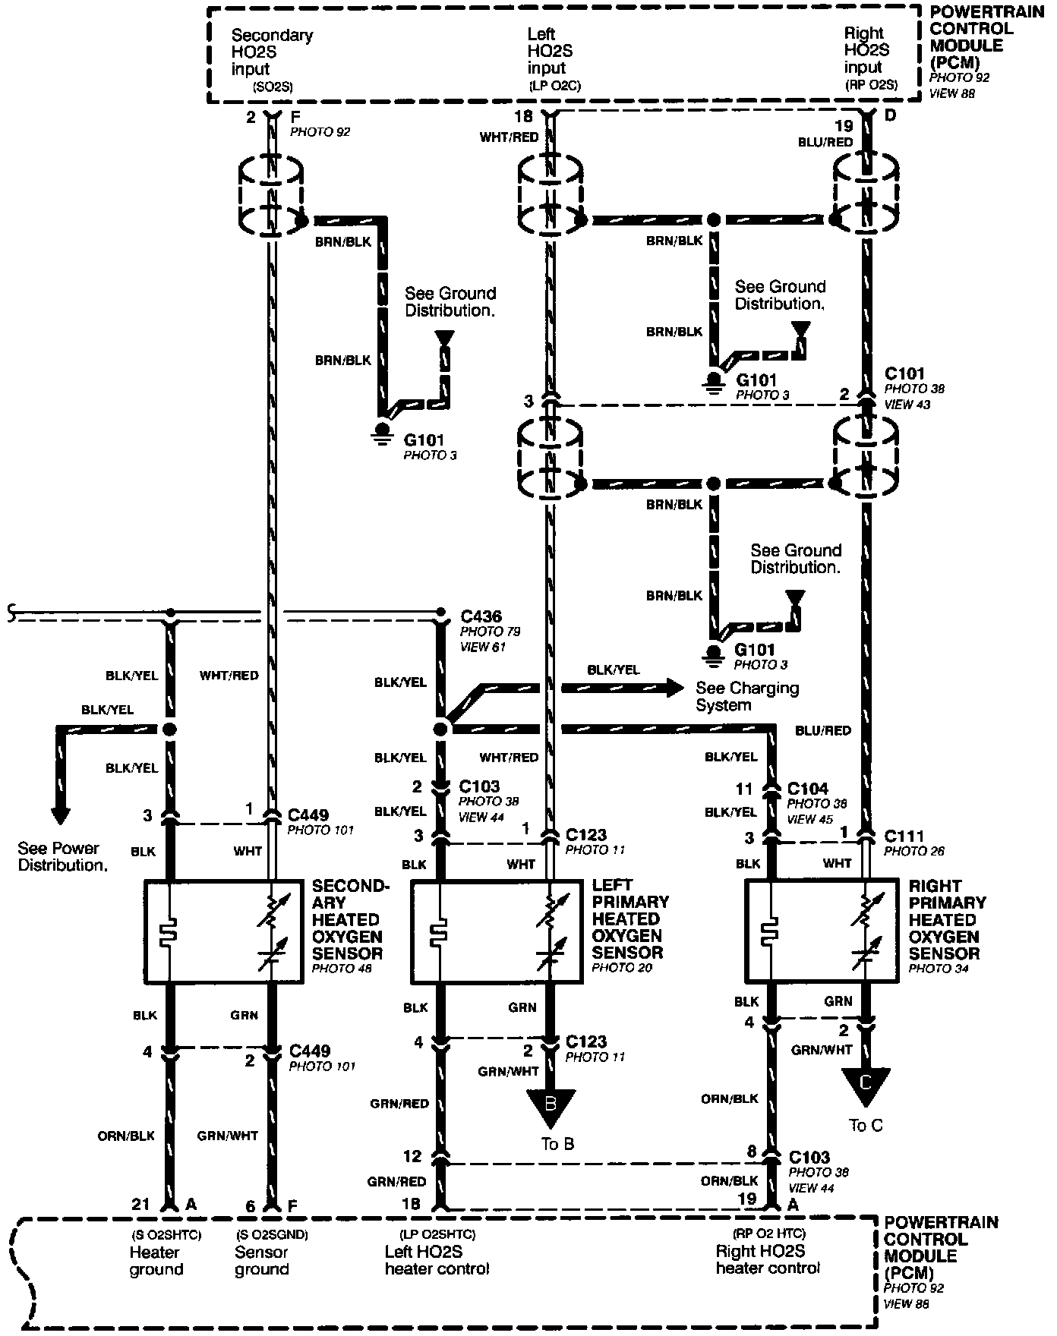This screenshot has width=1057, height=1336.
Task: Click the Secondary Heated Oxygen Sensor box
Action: [223, 931]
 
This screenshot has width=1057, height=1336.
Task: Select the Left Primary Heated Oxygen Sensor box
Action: [497, 932]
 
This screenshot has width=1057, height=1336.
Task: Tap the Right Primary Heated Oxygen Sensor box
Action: [822, 931]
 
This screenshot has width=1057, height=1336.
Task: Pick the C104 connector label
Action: [807, 789]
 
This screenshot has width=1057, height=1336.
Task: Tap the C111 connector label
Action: [904, 837]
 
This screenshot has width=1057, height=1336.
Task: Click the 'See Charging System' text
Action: [747, 696]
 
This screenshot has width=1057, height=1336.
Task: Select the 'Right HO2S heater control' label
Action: [768, 1259]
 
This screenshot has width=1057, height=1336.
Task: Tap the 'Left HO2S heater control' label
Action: [437, 1260]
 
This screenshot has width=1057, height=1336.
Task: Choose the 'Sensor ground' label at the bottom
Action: [261, 1260]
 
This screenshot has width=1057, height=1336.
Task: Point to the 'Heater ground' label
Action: [156, 1260]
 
